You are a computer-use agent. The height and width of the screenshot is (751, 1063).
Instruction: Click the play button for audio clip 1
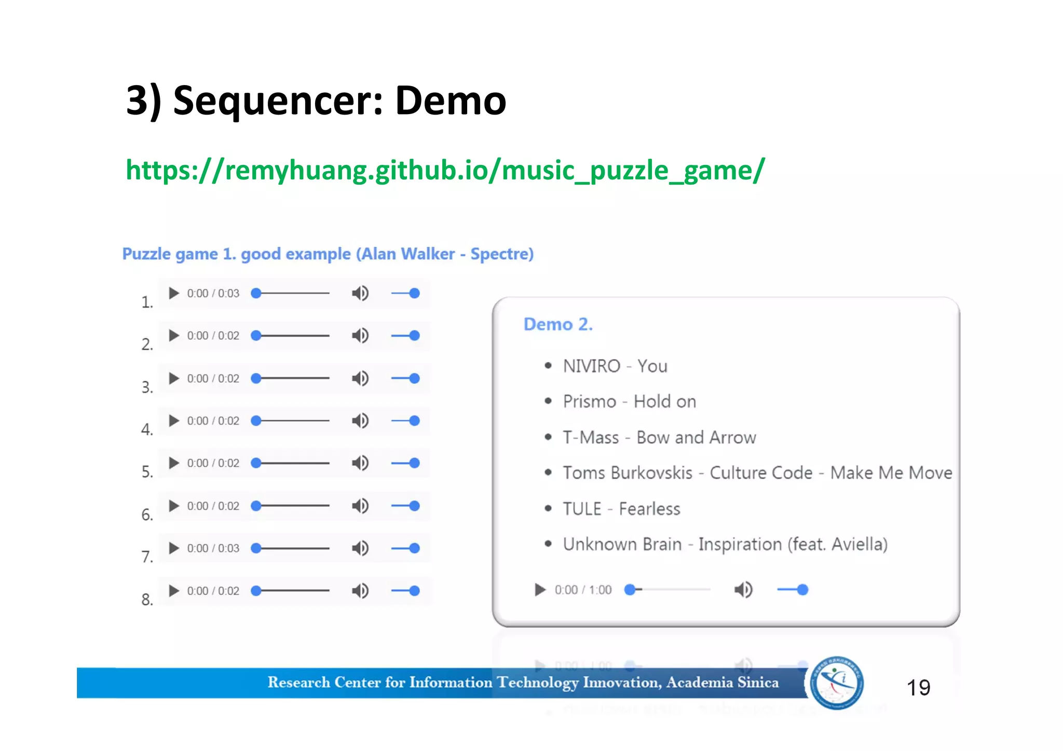click(x=174, y=294)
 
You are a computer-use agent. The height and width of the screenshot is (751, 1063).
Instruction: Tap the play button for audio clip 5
click(x=174, y=463)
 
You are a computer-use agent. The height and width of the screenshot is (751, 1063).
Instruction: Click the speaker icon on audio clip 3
click(x=360, y=379)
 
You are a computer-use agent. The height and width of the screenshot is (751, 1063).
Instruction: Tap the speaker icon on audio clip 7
click(x=360, y=548)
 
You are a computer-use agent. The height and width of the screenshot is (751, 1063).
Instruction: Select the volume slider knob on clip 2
click(x=414, y=336)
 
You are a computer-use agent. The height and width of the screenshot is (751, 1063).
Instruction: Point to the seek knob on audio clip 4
click(x=256, y=421)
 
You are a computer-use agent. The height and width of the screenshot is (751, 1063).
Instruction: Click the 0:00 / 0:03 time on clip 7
click(x=213, y=548)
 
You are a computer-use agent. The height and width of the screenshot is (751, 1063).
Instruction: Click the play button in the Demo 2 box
click(x=540, y=590)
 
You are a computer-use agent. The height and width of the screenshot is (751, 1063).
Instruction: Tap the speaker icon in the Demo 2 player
click(x=743, y=590)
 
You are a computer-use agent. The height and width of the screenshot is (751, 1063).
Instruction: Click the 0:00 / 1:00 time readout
click(x=583, y=590)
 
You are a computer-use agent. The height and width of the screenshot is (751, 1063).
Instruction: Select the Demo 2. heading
click(x=558, y=324)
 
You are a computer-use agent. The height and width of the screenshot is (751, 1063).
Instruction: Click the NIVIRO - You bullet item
click(x=615, y=366)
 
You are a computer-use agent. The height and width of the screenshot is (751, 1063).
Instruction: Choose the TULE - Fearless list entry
click(x=621, y=509)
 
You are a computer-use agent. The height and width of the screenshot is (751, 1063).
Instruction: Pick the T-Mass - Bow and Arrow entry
click(x=659, y=438)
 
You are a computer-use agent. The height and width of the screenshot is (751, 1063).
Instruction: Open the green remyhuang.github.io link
click(x=445, y=170)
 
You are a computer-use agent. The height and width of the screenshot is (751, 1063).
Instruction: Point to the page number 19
click(x=918, y=688)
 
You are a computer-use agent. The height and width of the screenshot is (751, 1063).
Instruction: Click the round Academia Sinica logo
click(x=837, y=683)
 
